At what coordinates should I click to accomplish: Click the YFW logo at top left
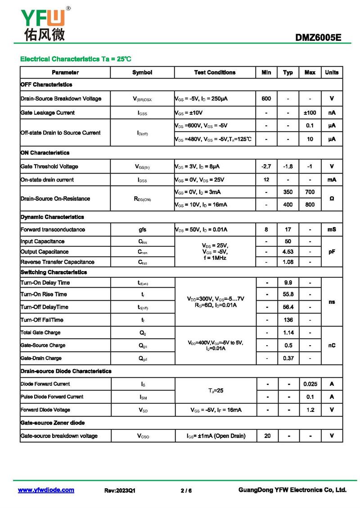pyautogui.click(x=43, y=22)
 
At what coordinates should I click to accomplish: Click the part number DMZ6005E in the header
pyautogui.click(x=318, y=38)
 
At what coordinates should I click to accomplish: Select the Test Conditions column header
pyautogui.click(x=215, y=72)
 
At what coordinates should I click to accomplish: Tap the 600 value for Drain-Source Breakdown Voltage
pyautogui.click(x=266, y=98)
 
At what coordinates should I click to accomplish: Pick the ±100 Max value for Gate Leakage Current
pyautogui.click(x=310, y=112)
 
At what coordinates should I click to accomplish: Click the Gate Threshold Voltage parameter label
pyautogui.click(x=49, y=166)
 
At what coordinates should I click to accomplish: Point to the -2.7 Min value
pyautogui.click(x=266, y=166)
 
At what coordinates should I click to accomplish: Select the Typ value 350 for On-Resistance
pyautogui.click(x=288, y=192)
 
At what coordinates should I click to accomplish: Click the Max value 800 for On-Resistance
pyautogui.click(x=310, y=205)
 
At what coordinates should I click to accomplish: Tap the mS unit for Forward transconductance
pyautogui.click(x=332, y=229)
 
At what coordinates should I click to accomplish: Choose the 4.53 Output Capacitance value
pyautogui.click(x=288, y=252)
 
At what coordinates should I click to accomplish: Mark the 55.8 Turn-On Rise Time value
pyautogui.click(x=288, y=294)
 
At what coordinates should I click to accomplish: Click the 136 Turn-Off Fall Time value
pyautogui.click(x=288, y=320)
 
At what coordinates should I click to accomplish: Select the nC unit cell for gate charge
pyautogui.click(x=332, y=345)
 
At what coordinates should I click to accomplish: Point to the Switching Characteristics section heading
pyautogui.click(x=54, y=272)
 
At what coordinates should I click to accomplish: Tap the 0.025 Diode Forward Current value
pyautogui.click(x=310, y=384)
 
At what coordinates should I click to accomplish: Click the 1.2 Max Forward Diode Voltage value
pyautogui.click(x=310, y=410)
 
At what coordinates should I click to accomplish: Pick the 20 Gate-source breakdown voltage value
pyautogui.click(x=268, y=436)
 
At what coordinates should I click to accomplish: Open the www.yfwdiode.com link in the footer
pyautogui.click(x=46, y=490)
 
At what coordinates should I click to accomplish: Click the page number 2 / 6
pyautogui.click(x=186, y=490)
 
